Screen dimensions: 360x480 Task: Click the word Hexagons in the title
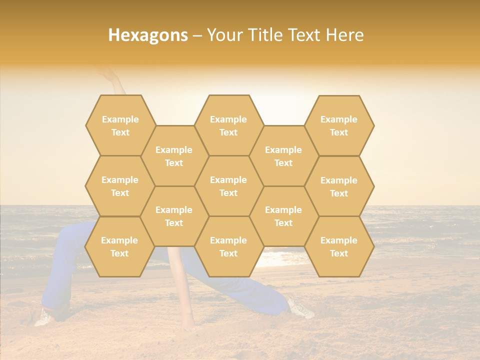click(148, 35)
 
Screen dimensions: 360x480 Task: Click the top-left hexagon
click(120, 125)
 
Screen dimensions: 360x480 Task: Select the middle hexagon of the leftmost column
click(120, 186)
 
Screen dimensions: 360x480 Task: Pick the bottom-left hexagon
click(119, 246)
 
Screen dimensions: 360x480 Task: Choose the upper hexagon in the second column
click(174, 156)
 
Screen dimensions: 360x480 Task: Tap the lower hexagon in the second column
click(174, 216)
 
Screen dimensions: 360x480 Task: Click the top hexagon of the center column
click(228, 125)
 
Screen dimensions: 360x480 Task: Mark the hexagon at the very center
click(228, 186)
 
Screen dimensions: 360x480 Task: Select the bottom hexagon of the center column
click(228, 246)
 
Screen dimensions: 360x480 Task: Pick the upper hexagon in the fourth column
click(283, 156)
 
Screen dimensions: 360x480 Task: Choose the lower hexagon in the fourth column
click(283, 216)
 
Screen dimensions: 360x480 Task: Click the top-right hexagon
click(339, 125)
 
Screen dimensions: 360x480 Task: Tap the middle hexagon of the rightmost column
click(339, 186)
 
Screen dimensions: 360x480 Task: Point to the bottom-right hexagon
click(339, 246)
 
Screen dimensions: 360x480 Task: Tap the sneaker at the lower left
click(43, 317)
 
